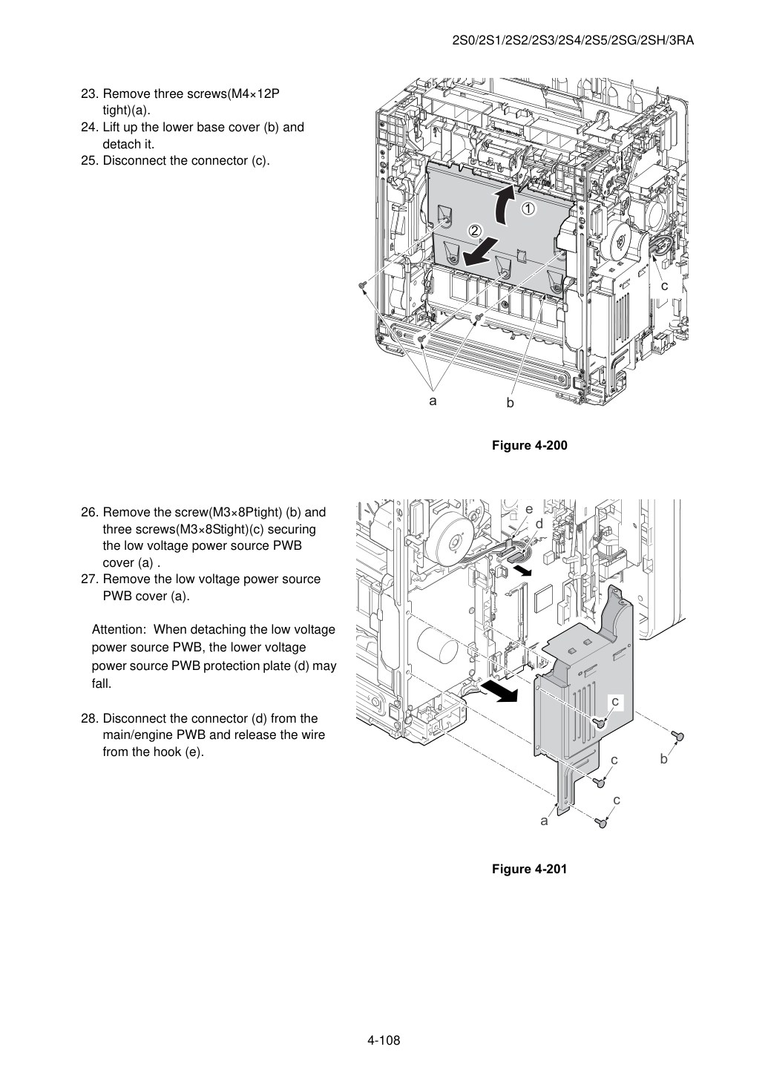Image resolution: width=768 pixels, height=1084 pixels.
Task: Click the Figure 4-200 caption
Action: coord(529,445)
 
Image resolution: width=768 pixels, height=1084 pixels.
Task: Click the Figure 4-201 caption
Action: coord(529,869)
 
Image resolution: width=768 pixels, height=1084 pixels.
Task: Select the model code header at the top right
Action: coord(573,41)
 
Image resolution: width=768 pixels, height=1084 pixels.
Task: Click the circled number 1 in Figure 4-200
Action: coord(528,209)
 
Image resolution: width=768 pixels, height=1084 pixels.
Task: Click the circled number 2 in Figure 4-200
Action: coord(474,231)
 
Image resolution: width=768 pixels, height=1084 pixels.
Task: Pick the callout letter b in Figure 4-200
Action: coord(510,403)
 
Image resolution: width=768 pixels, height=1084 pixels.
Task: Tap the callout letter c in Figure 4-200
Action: coord(664,286)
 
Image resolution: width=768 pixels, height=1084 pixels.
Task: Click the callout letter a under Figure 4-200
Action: coord(433,401)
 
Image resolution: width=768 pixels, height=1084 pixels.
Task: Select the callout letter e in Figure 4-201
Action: coord(529,509)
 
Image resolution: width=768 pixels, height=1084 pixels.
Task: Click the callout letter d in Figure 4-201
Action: coord(539,524)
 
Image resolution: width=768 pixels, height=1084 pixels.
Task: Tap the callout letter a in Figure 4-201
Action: coord(544,821)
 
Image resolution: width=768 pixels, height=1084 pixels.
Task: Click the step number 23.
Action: coord(90,94)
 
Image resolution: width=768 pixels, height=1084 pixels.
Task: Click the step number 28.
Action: coord(91,719)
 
